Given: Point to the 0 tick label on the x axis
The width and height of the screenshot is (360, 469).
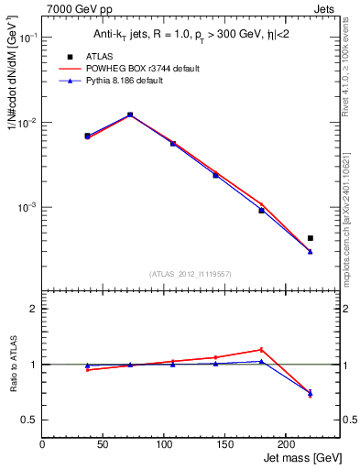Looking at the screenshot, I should tap(43, 443).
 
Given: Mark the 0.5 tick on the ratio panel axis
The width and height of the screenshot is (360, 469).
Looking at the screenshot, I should tap(30, 420).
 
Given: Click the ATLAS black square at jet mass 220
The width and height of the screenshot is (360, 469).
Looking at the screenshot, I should tap(310, 238).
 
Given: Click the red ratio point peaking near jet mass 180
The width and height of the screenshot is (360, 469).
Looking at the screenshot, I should tap(261, 349).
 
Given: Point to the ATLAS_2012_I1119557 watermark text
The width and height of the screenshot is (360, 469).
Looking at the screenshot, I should tap(191, 273).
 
